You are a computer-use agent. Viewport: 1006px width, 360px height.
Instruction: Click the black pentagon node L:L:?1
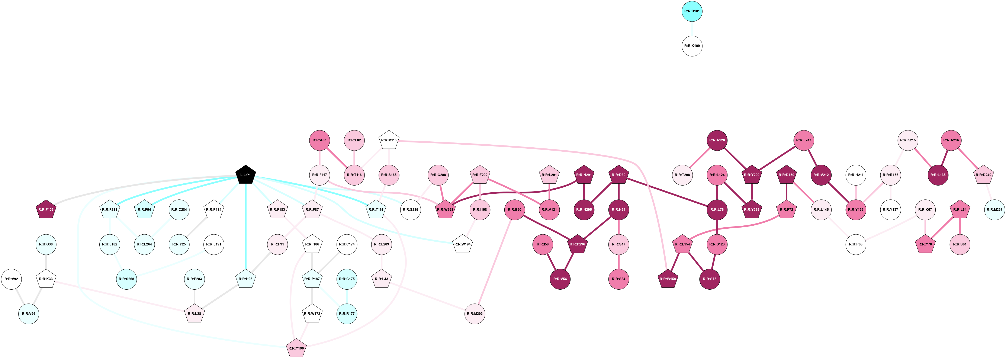tap(246, 175)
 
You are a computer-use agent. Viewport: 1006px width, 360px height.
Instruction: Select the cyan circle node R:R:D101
tap(692, 11)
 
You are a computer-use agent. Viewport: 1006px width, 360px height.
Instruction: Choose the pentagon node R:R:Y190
tap(296, 348)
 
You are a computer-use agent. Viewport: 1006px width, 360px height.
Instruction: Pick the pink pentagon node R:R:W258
tap(445, 210)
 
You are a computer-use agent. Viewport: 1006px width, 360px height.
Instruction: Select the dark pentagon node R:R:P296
tap(577, 244)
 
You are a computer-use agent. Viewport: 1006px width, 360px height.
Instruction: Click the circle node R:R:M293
tap(475, 314)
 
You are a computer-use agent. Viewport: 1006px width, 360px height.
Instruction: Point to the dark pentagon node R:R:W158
tap(668, 279)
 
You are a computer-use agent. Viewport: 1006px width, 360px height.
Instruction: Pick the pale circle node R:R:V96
tap(29, 314)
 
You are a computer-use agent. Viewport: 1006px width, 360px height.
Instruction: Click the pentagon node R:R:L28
tap(195, 314)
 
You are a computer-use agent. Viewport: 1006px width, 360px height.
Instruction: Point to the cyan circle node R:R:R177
tap(347, 314)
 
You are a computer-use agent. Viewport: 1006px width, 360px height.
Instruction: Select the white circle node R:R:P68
tap(856, 244)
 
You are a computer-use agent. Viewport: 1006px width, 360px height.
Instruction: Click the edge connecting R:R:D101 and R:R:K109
tap(692, 29)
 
